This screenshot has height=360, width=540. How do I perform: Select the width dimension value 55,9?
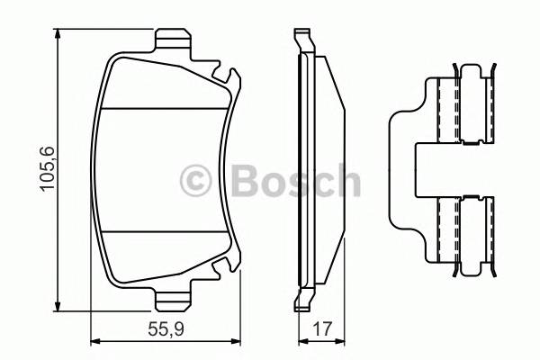pos(169,329)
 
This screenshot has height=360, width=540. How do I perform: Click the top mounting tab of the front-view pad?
pos(174,41)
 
